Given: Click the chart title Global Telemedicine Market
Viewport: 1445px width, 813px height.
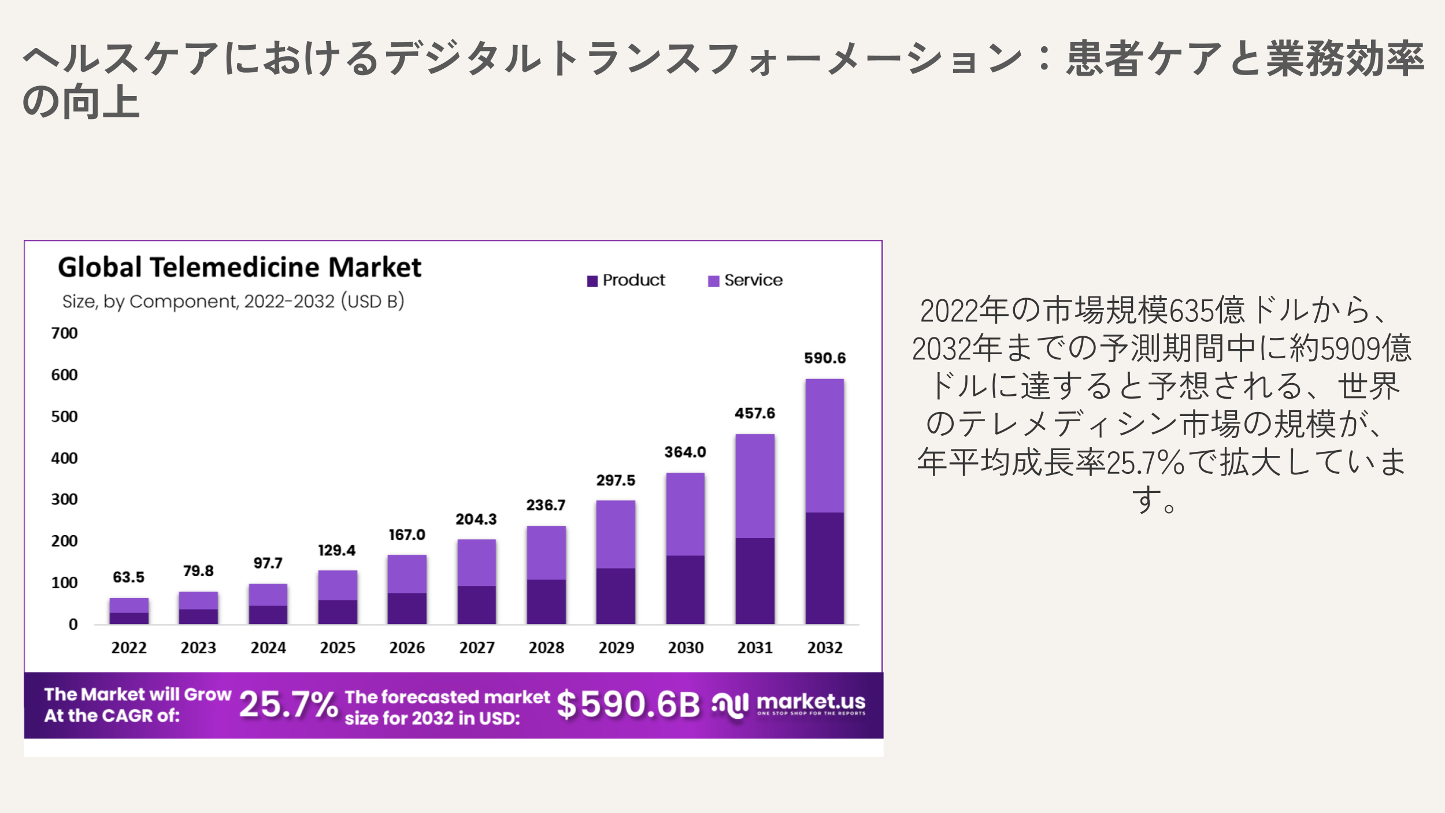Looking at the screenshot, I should pos(239,268).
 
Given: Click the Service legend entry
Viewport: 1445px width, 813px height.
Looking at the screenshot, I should pos(746,280).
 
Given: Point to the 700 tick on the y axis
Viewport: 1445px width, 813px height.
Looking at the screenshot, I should pos(64,333).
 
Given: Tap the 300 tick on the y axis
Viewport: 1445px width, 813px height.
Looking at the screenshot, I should pos(64,499).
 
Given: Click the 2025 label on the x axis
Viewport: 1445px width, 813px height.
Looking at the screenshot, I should pos(338,648).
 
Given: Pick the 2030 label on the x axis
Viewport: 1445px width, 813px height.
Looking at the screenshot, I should pos(686,648).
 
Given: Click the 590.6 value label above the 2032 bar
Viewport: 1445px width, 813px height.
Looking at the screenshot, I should pos(825,358).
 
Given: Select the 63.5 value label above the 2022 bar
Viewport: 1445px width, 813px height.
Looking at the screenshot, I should pos(128,577).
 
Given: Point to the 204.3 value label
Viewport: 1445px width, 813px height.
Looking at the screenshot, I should pos(476,519).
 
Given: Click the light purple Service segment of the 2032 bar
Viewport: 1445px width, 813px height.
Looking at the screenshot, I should pos(825,445).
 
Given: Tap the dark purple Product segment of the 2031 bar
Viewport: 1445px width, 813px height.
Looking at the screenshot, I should pos(755,581).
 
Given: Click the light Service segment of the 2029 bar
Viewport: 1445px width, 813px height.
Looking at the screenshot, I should pos(616,534).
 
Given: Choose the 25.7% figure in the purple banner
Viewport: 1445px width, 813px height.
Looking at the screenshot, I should pos(288,705).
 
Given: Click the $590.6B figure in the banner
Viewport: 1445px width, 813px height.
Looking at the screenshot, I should pos(628,705).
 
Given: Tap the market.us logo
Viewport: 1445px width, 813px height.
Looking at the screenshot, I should pos(789,704).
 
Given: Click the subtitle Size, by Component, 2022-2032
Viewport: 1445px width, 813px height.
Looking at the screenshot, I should pos(233,302).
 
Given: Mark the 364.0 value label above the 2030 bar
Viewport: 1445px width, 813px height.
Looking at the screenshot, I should pos(685,452).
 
